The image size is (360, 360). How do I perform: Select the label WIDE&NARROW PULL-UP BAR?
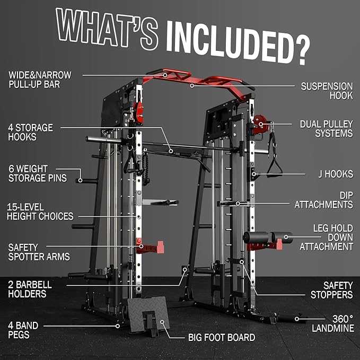click(40, 80)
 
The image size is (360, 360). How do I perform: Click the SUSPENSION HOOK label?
click(327, 91)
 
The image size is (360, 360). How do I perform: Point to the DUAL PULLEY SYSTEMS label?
click(326, 129)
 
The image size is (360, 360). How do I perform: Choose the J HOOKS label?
click(336, 174)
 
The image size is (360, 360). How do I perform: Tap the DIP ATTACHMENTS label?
click(324, 200)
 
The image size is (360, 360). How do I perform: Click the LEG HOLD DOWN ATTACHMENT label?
click(326, 238)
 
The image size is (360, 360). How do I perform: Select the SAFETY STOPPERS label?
click(331, 290)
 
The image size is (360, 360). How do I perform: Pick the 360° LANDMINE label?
click(332, 323)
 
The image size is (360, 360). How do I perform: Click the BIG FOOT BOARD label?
click(222, 338)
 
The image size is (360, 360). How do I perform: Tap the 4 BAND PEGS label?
click(23, 330)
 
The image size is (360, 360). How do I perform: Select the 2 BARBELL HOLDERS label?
click(30, 289)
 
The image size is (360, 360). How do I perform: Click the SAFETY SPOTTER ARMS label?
click(39, 252)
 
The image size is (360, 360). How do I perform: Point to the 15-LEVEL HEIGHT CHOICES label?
click(40, 212)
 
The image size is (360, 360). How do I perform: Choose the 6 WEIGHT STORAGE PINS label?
click(38, 173)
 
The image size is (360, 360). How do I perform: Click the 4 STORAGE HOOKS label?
click(30, 132)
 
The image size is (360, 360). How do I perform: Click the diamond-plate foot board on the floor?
click(148, 315)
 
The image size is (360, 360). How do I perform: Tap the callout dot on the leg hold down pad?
click(286, 237)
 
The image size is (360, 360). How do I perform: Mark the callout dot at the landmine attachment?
click(297, 319)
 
